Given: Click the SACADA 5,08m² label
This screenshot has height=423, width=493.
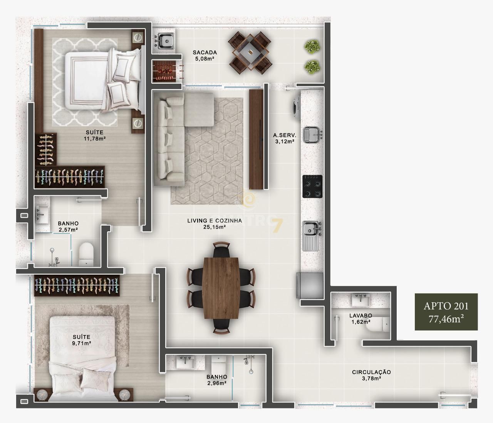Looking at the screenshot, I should click(x=205, y=56).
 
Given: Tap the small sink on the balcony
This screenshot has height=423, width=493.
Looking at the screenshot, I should click(x=166, y=40).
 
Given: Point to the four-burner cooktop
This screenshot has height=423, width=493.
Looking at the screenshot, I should click(x=312, y=186).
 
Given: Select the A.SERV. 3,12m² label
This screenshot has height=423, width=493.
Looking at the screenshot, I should click(x=284, y=138).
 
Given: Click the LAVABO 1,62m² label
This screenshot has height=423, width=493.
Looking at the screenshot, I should click(x=361, y=318).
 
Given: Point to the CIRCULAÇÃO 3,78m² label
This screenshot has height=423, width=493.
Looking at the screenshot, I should click(x=371, y=375).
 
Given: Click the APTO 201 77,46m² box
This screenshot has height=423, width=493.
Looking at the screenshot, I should click(x=446, y=312).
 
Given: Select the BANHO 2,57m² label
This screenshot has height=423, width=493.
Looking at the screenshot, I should click(x=68, y=226).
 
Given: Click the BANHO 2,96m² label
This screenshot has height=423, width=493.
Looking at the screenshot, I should click(x=216, y=380).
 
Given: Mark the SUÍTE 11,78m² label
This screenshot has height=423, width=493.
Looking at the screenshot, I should click(x=95, y=135).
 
